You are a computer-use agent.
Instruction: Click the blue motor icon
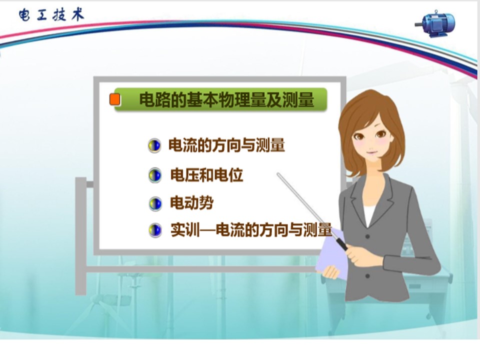(x=435, y=23)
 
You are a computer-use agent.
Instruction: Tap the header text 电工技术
(x=51, y=15)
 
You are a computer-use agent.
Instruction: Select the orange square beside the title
(x=115, y=99)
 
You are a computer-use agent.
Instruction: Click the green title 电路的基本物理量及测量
(x=226, y=99)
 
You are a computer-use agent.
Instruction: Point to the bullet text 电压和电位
(x=206, y=175)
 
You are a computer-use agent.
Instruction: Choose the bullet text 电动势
(x=191, y=202)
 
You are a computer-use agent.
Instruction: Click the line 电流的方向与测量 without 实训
(x=226, y=145)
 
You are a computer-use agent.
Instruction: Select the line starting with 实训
(x=251, y=229)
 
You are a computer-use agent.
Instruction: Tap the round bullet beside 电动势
(x=155, y=203)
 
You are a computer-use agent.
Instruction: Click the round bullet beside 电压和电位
(x=155, y=175)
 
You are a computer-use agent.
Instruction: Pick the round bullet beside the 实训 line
(x=155, y=230)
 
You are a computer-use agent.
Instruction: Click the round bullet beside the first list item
(x=154, y=145)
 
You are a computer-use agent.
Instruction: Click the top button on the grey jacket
(x=367, y=236)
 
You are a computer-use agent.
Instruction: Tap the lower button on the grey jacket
(x=367, y=276)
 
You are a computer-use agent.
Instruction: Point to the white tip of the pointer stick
(x=278, y=174)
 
